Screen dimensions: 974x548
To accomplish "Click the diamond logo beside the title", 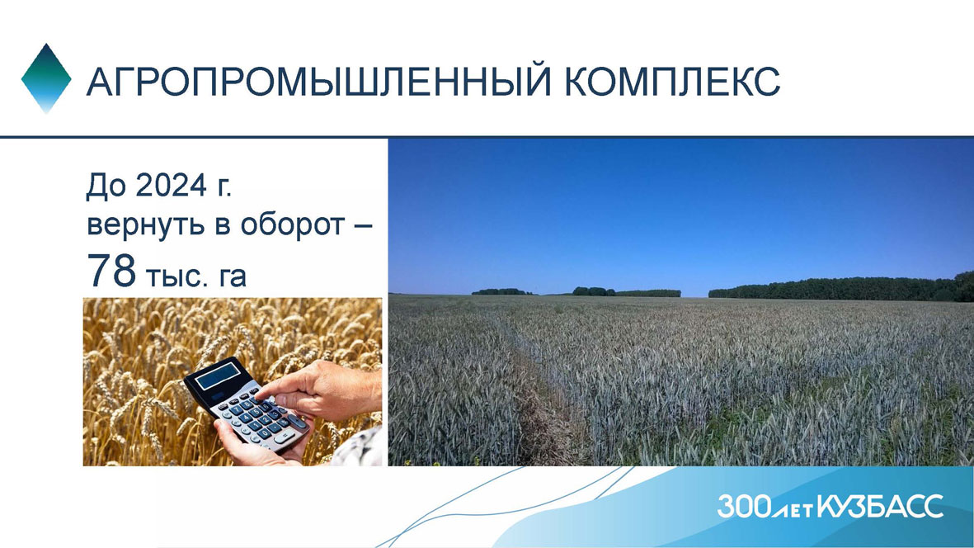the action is pyautogui.click(x=46, y=78).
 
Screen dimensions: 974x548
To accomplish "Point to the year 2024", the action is pyautogui.click(x=171, y=185).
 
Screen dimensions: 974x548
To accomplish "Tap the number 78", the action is pyautogui.click(x=111, y=270).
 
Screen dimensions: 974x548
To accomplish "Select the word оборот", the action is pyautogui.click(x=292, y=225).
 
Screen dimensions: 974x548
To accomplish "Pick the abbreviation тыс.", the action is pyautogui.click(x=177, y=276).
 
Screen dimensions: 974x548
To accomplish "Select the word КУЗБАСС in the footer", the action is pyautogui.click(x=880, y=506).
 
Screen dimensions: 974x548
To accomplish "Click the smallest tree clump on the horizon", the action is pyautogui.click(x=502, y=291).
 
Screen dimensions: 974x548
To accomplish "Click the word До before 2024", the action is pyautogui.click(x=106, y=186).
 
